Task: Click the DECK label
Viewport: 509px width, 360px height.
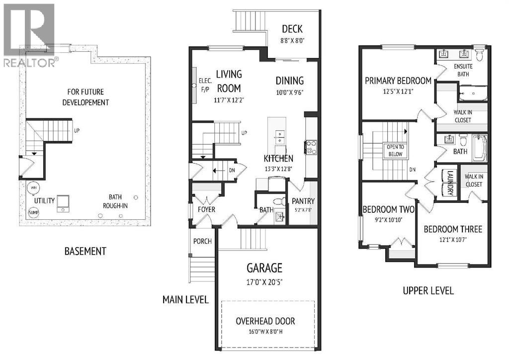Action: coord(292,29)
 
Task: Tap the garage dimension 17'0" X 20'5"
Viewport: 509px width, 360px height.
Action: coord(264,282)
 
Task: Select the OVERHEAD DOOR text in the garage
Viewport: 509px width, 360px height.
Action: coord(265,321)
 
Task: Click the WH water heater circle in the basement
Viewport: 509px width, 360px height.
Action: coord(33,187)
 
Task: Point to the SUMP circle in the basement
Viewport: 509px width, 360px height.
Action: coord(33,213)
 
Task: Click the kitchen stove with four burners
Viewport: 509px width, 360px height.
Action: coord(311,147)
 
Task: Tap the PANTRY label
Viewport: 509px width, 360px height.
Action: coord(303,201)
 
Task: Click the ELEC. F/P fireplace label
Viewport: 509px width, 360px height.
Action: coord(205,86)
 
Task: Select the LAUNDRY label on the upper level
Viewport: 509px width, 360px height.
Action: coord(450,183)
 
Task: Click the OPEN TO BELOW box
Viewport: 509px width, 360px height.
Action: coord(395,151)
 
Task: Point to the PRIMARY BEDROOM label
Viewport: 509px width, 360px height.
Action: coord(398,81)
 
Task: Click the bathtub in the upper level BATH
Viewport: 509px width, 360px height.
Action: coord(480,148)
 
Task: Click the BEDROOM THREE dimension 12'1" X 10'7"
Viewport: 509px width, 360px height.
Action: coord(453,240)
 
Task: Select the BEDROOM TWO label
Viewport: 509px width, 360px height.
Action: coord(388,209)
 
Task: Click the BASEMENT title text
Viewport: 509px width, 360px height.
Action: coord(85,251)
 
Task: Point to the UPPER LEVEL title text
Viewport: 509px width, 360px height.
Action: coord(428,290)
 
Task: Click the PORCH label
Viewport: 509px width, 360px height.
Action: coord(202,241)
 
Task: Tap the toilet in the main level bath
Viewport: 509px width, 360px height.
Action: coord(279,201)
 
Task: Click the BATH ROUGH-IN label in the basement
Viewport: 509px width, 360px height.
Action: coord(115,201)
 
